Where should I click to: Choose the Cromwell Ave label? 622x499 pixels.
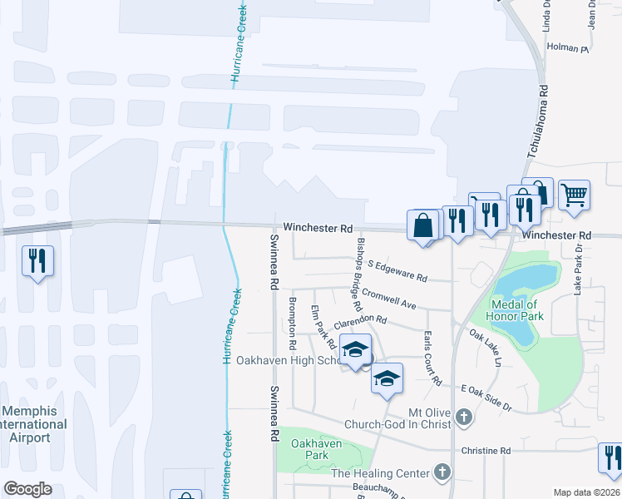pos(388,299)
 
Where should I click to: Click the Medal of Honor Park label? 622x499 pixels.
pos(518,311)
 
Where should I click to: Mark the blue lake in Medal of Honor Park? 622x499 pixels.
pos(526,283)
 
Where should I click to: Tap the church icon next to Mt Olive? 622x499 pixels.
pos(464,416)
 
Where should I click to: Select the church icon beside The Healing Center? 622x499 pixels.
pos(442,473)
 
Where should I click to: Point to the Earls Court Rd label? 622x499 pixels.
pos(431,358)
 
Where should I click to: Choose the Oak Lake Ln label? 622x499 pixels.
pos(486,348)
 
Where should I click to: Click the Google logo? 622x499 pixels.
pos(27,489)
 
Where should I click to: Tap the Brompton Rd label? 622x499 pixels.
pos(292,323)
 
